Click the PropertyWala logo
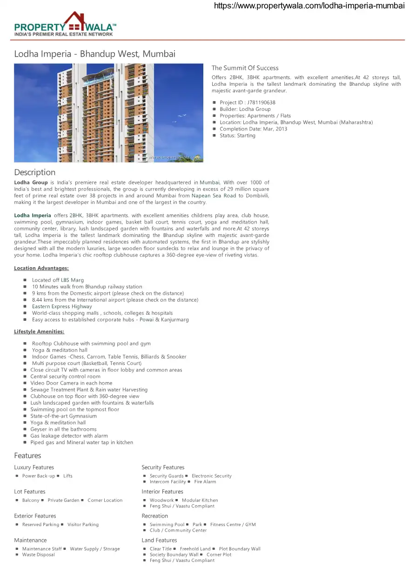tap(65, 24)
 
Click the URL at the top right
tap(309, 6)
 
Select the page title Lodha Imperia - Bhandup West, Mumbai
tap(94, 54)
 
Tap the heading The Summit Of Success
tap(245, 68)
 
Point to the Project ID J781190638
tap(247, 102)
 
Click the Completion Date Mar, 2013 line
tap(253, 129)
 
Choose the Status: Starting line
tap(237, 135)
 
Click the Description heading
tap(34, 172)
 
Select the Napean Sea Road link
tap(214, 196)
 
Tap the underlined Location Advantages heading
tap(41, 268)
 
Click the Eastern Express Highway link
tap(62, 306)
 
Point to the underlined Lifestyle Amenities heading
tap(39, 331)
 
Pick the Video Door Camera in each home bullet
tap(71, 383)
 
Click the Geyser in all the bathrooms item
tap(63, 429)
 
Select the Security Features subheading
tap(163, 467)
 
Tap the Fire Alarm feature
tap(205, 482)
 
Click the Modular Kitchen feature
tap(200, 500)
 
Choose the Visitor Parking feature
tap(83, 525)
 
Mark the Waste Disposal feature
tap(38, 555)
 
